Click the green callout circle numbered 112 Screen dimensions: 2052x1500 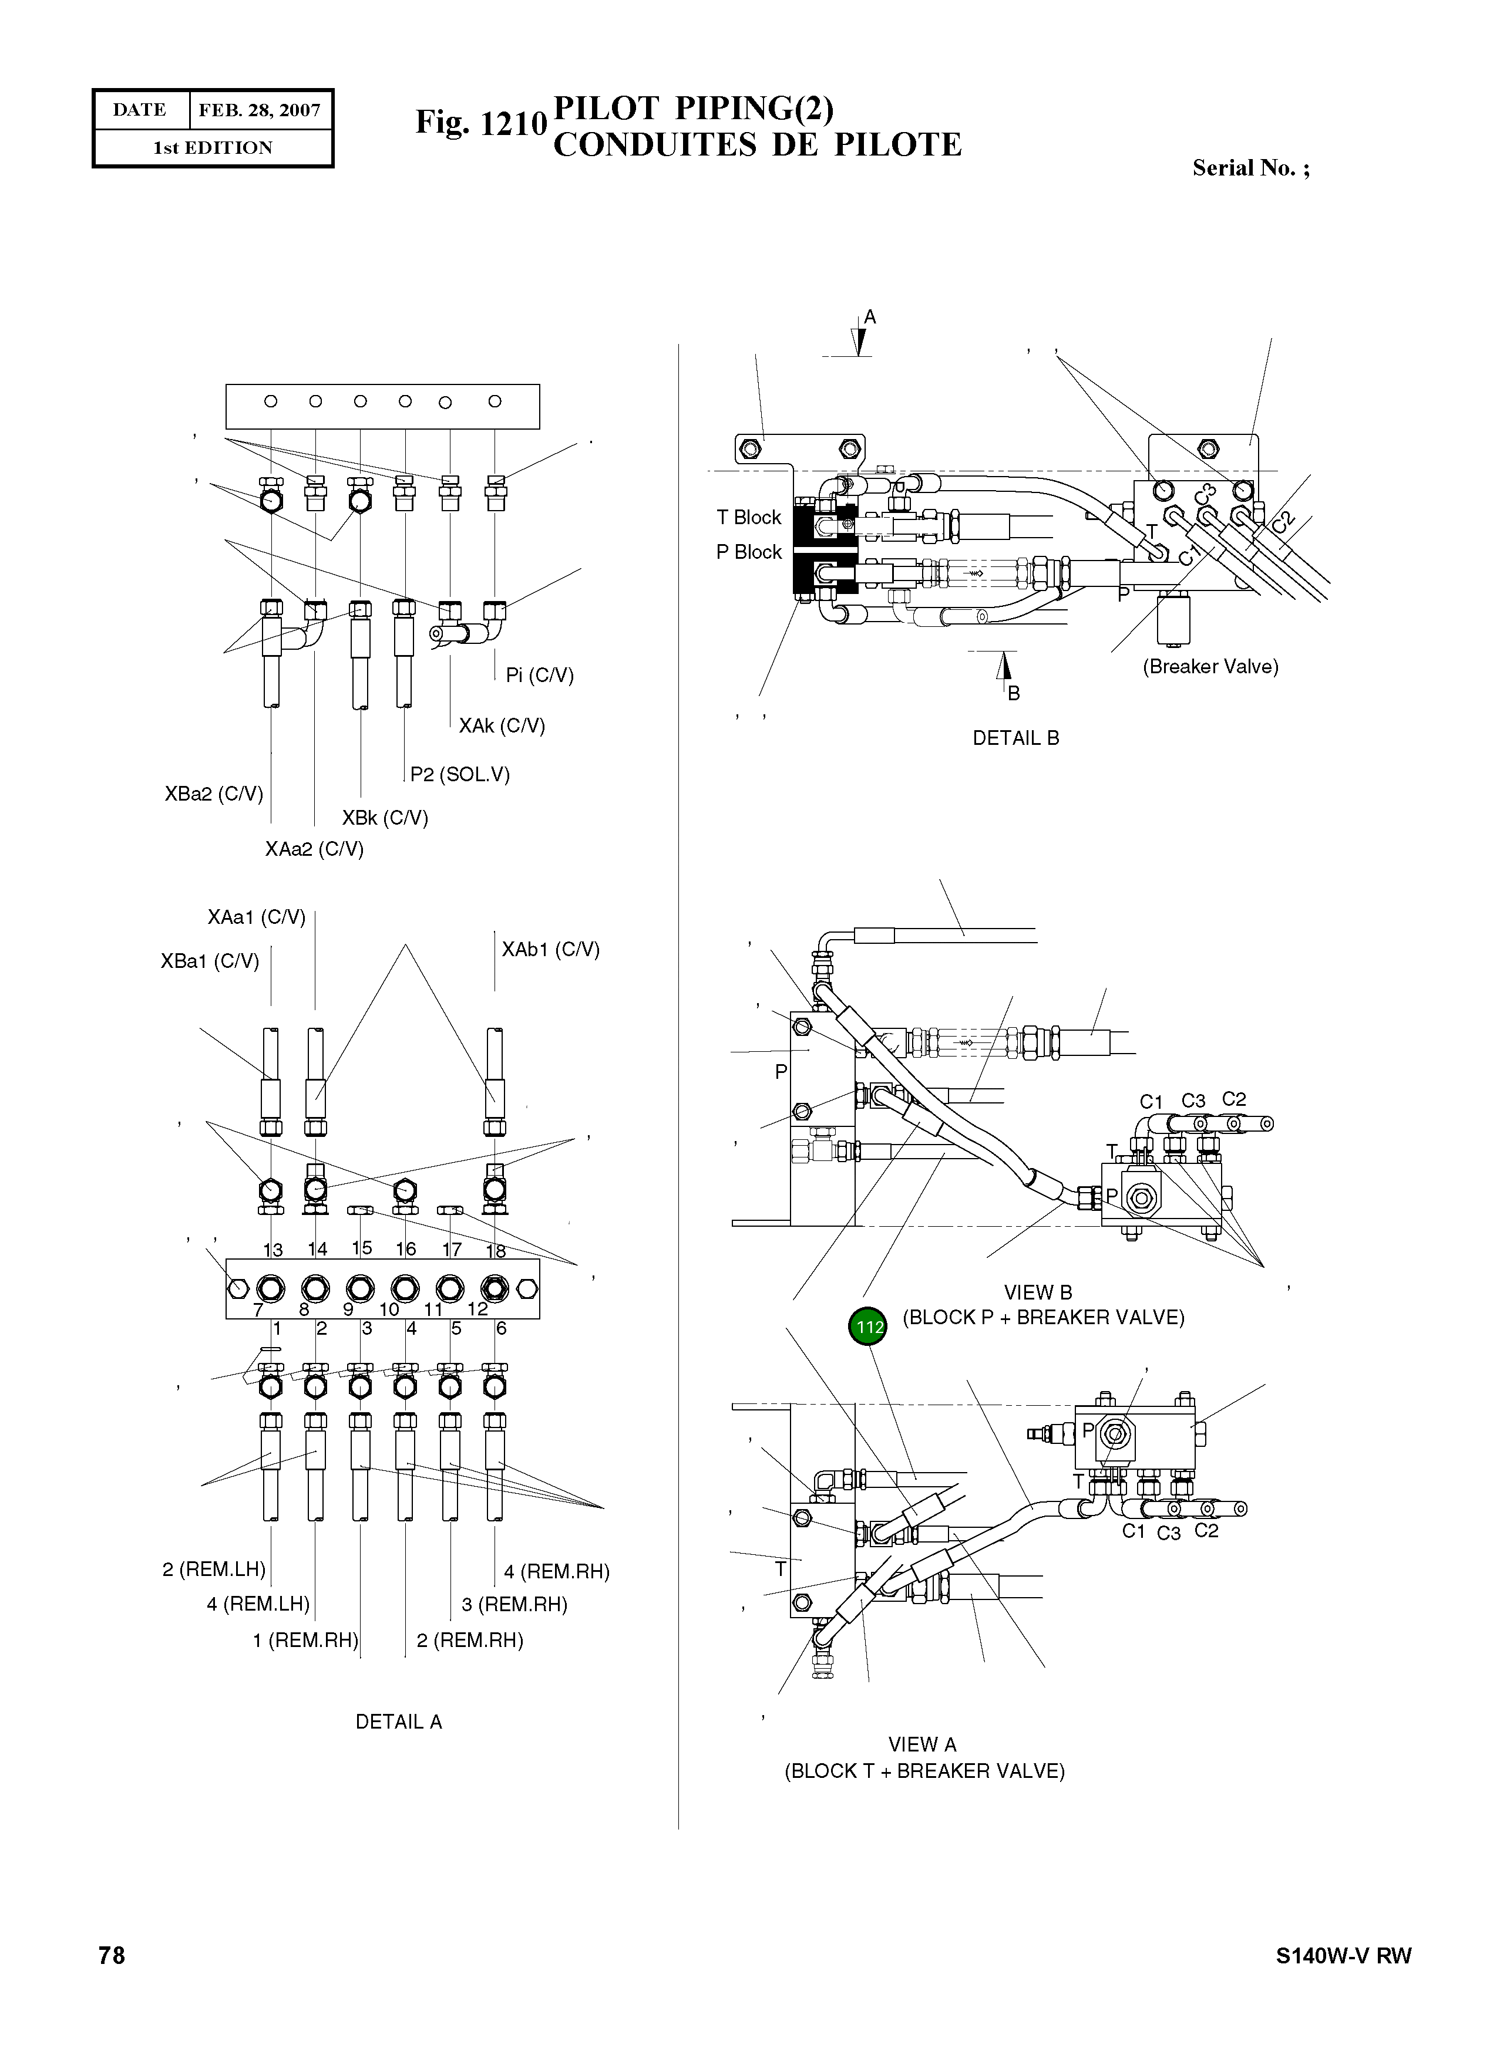tap(869, 1327)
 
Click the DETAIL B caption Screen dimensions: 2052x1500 tap(1015, 738)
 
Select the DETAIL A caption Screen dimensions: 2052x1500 tap(398, 1722)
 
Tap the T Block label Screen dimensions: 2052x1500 tap(748, 517)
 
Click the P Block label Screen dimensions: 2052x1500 tap(748, 552)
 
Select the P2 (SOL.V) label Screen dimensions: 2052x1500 tap(459, 774)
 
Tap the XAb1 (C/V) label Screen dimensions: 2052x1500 tap(550, 949)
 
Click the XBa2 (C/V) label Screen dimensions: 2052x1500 tap(213, 794)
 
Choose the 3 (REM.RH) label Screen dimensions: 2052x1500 tap(514, 1605)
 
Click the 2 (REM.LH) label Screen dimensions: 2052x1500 tap(213, 1569)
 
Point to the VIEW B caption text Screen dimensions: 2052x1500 tap(1037, 1292)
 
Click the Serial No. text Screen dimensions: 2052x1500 tap(1250, 168)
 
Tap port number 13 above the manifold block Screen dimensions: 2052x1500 tap(273, 1250)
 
